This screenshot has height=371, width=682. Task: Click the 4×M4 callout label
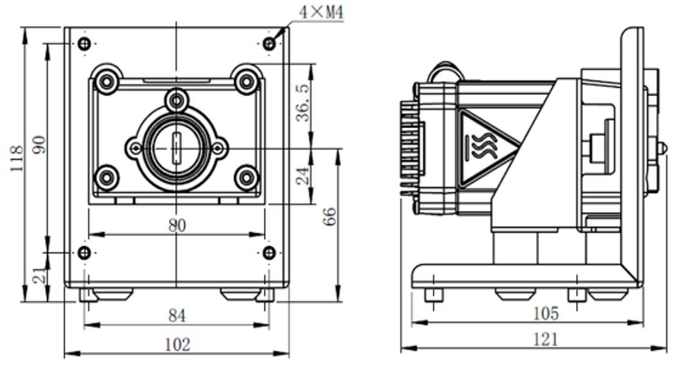click(x=321, y=12)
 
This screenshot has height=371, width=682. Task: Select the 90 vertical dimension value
click(x=40, y=145)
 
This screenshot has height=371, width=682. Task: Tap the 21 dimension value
click(x=40, y=276)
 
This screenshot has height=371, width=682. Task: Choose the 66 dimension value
click(x=329, y=217)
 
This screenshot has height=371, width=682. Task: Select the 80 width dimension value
click(x=176, y=226)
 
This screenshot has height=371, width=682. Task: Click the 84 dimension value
click(x=176, y=316)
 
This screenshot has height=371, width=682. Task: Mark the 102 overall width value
click(x=177, y=344)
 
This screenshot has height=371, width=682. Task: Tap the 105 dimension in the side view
click(x=545, y=313)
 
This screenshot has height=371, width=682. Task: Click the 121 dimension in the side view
click(x=545, y=339)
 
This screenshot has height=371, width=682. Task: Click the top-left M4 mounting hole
click(x=85, y=43)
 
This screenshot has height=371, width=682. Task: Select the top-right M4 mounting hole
click(x=269, y=43)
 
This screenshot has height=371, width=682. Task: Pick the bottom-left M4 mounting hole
click(x=85, y=252)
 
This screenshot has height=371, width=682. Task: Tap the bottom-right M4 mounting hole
click(x=269, y=252)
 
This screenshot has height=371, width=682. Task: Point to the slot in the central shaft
click(x=176, y=148)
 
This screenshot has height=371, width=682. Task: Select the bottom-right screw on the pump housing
click(x=246, y=178)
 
